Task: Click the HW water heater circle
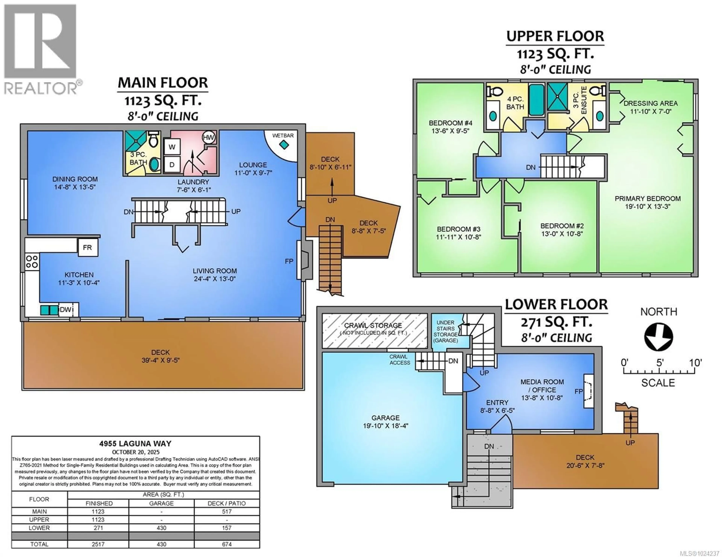click(x=208, y=137)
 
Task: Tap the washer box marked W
click(x=172, y=147)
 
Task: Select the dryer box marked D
click(x=172, y=164)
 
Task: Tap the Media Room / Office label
click(x=542, y=386)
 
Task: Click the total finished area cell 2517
click(x=98, y=544)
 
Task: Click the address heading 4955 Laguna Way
click(x=136, y=444)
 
